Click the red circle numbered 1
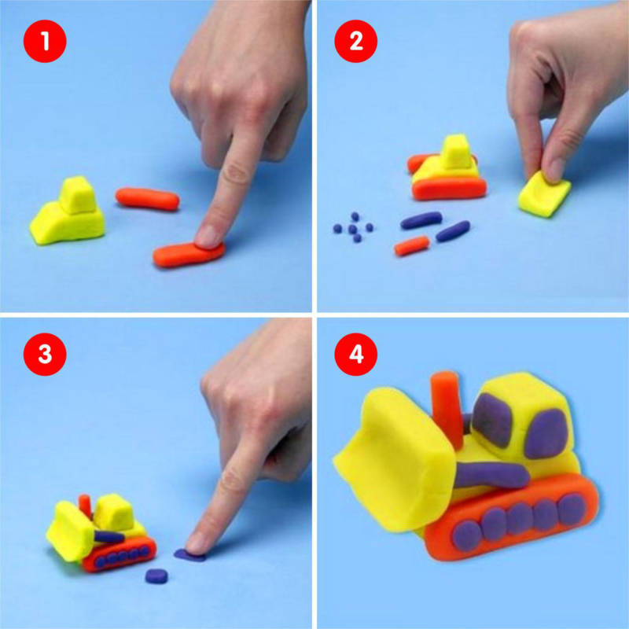point(45,41)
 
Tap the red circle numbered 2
point(356,41)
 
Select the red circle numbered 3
point(45,355)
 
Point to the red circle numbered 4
point(356,355)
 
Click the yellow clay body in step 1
point(68,212)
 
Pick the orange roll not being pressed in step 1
point(147,199)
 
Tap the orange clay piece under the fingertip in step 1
point(188,254)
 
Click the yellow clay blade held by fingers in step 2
point(543,194)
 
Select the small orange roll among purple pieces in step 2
point(411,246)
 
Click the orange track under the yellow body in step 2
point(449,189)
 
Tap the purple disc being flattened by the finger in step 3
point(189,555)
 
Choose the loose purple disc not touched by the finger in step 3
point(156,576)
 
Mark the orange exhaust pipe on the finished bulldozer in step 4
point(447,409)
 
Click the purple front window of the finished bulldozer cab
point(492,420)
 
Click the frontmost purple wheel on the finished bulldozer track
point(467,536)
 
